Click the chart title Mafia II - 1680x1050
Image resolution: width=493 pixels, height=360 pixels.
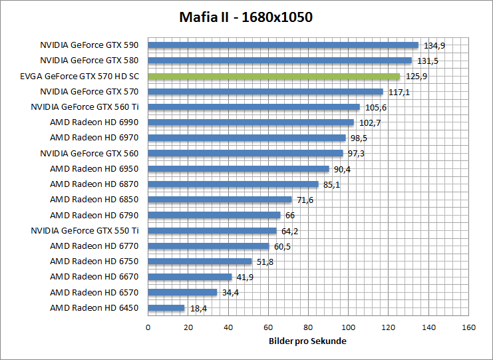246,17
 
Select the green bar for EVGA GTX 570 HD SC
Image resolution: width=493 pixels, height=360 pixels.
273,77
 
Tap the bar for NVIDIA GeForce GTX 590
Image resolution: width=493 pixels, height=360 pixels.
283,45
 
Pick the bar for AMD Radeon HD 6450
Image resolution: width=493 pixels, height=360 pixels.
166,308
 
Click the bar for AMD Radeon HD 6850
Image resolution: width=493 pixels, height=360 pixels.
220,200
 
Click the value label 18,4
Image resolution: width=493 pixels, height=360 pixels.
198,308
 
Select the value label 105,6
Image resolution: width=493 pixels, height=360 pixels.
373,107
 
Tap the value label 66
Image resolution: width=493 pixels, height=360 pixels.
290,215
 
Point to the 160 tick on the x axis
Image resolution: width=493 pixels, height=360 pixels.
469,327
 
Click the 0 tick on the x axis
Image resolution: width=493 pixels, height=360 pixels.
148,327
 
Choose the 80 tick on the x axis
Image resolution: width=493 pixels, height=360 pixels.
308,327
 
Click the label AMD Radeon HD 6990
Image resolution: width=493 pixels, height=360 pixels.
94,122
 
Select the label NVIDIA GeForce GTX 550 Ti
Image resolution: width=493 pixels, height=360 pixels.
84,230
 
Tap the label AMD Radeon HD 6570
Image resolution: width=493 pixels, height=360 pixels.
94,292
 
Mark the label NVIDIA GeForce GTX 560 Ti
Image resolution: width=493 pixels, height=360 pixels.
84,107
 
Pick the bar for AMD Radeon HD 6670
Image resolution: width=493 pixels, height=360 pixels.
190,277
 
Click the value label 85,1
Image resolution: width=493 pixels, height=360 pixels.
331,184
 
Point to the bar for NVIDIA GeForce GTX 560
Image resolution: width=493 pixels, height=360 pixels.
245,154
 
